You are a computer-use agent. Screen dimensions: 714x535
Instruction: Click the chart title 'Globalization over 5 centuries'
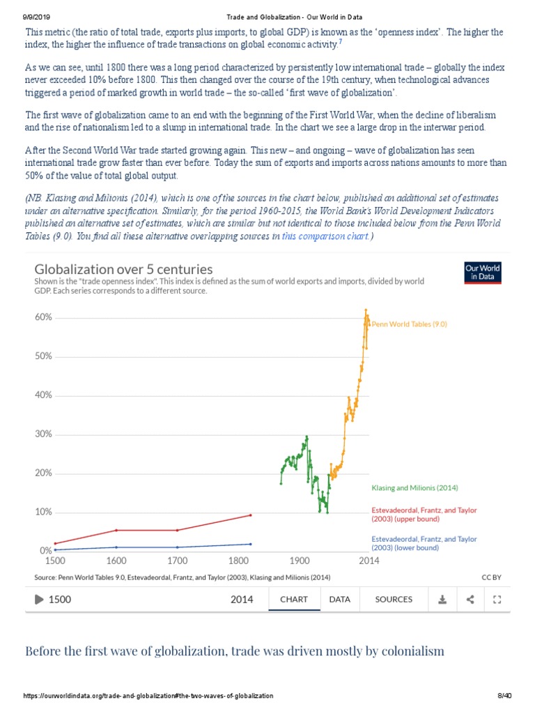pyautogui.click(x=123, y=269)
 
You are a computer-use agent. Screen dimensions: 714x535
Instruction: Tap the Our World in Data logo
pyautogui.click(x=482, y=273)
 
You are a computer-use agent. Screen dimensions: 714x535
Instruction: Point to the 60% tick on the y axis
pyautogui.click(x=43, y=317)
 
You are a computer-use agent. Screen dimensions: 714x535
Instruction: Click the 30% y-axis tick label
pyautogui.click(x=43, y=434)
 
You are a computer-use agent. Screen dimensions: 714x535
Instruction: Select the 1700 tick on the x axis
pyautogui.click(x=177, y=560)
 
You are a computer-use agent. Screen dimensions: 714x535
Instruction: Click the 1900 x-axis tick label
pyautogui.click(x=300, y=560)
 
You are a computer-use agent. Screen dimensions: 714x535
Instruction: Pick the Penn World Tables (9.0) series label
pyautogui.click(x=409, y=324)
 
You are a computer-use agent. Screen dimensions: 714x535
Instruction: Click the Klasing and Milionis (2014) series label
pyautogui.click(x=414, y=487)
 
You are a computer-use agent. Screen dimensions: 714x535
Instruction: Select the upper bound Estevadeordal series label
pyautogui.click(x=424, y=515)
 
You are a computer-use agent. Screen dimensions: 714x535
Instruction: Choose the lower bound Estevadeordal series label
pyautogui.click(x=424, y=543)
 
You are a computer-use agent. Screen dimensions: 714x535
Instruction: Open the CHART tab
pyautogui.click(x=294, y=599)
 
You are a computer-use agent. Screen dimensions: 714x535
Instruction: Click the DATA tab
pyautogui.click(x=339, y=599)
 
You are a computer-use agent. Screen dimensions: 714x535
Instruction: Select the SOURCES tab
pyautogui.click(x=394, y=599)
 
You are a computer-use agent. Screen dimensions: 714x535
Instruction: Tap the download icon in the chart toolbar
pyautogui.click(x=442, y=599)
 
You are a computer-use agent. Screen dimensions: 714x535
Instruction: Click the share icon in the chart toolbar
pyautogui.click(x=470, y=599)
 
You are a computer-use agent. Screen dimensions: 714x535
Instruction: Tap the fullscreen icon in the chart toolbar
pyautogui.click(x=497, y=599)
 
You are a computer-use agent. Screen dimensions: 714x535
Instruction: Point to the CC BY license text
pyautogui.click(x=491, y=577)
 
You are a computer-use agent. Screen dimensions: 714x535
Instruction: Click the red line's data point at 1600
pyautogui.click(x=116, y=530)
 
